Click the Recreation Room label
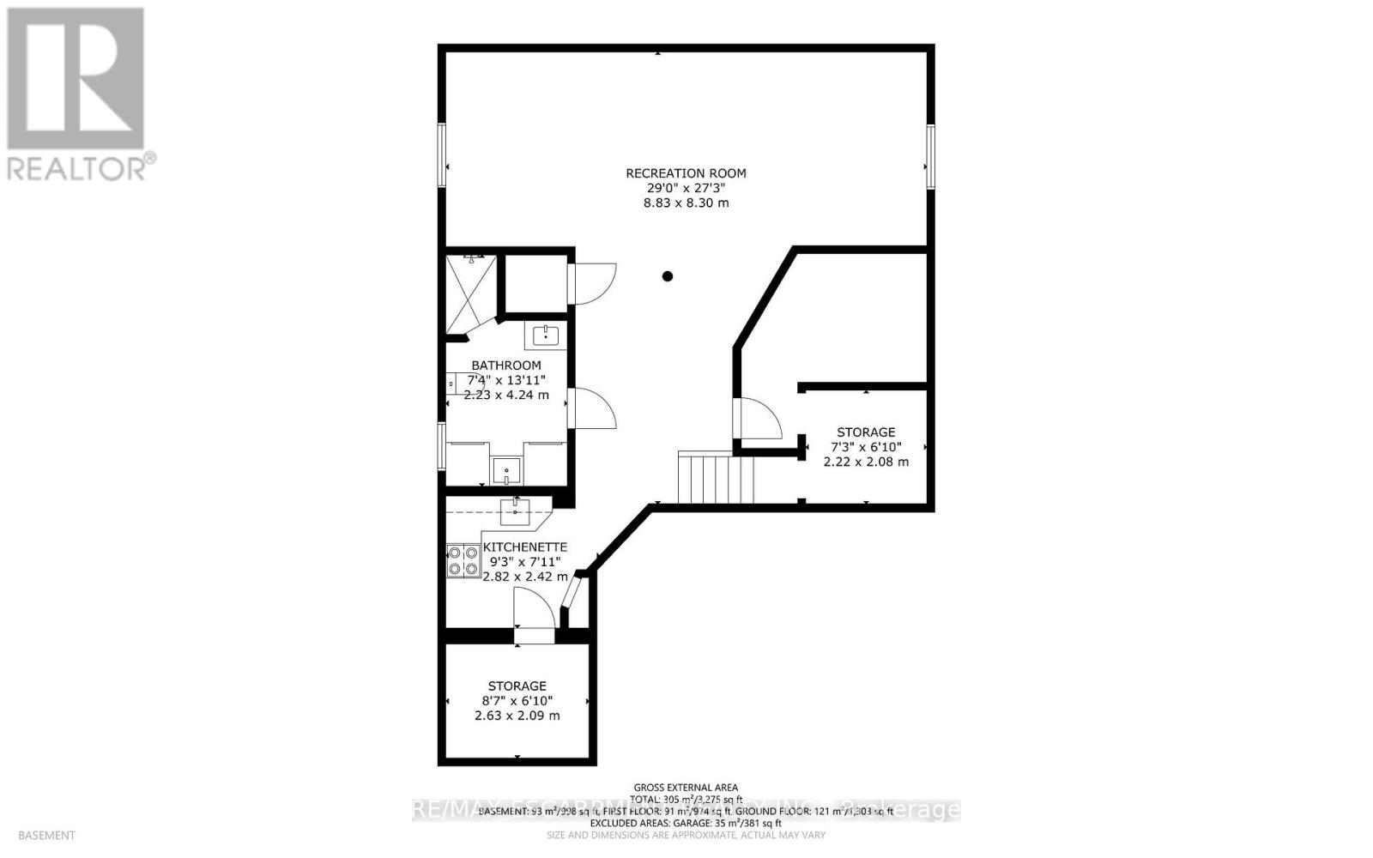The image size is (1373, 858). (x=686, y=173)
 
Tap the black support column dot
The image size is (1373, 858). (x=668, y=276)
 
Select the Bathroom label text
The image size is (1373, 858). (x=506, y=366)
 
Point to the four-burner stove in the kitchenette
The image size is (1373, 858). (x=463, y=561)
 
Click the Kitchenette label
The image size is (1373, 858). (x=525, y=547)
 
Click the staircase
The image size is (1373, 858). (x=715, y=479)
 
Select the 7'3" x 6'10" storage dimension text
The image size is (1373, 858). (x=866, y=447)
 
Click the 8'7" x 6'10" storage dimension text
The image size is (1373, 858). (x=517, y=701)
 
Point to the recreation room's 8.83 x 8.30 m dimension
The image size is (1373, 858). (x=686, y=203)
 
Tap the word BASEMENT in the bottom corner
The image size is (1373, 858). (x=46, y=835)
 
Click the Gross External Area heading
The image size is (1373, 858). (x=686, y=788)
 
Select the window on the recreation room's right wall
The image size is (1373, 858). (x=929, y=155)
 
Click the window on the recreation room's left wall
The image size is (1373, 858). (x=443, y=155)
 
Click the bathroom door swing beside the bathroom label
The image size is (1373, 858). (x=593, y=408)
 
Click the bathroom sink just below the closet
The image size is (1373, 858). (x=546, y=335)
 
